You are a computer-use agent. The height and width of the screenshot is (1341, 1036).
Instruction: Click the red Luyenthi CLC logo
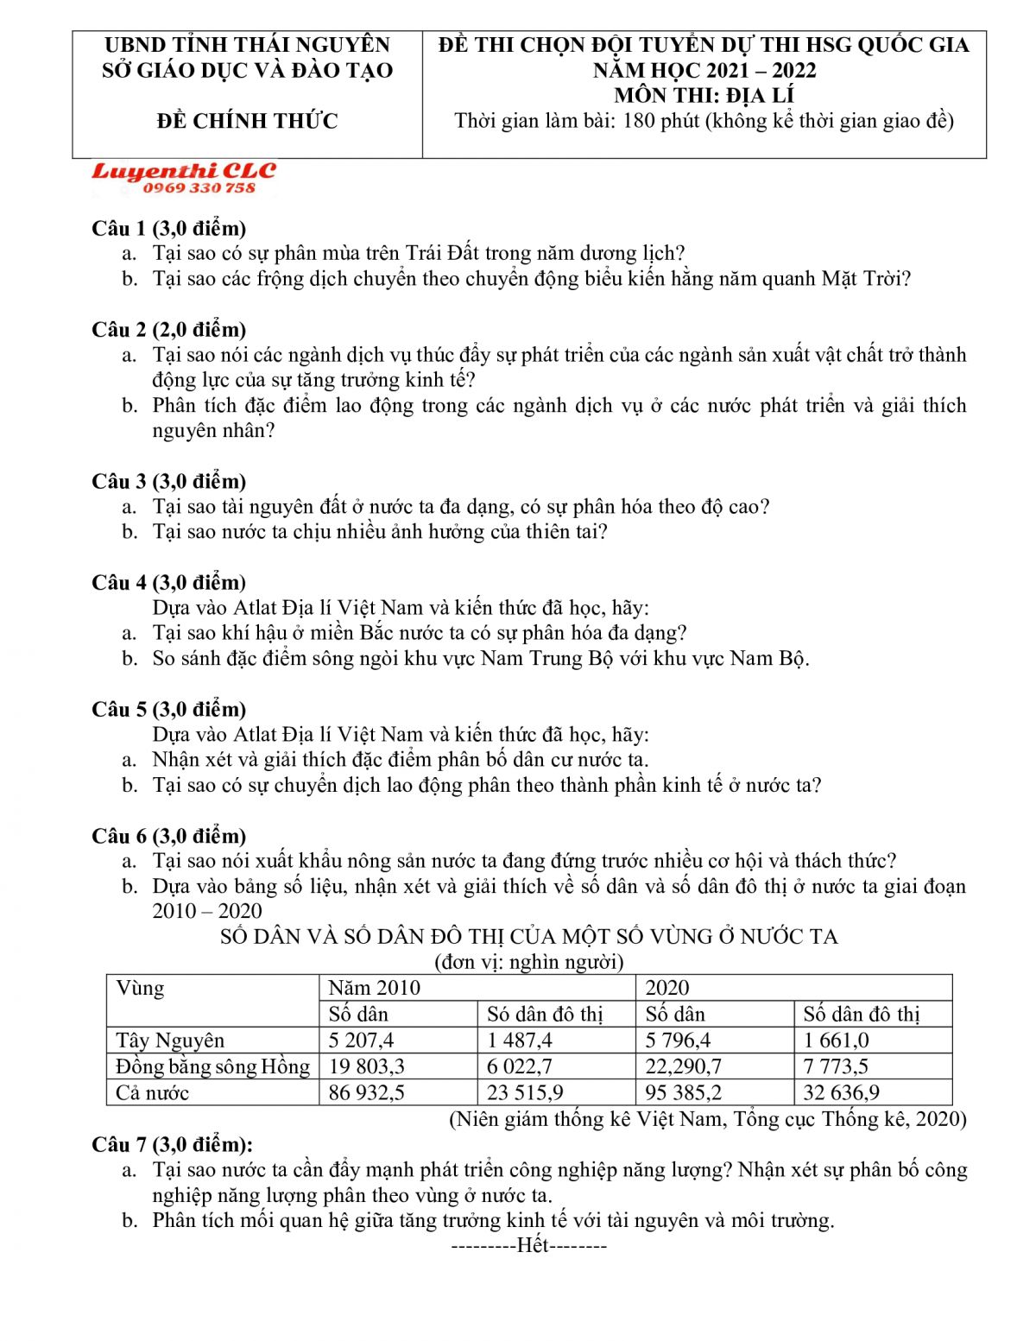point(183,171)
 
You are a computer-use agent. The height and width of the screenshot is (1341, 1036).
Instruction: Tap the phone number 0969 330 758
point(199,188)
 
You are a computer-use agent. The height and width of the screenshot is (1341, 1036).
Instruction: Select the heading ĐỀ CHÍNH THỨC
point(247,121)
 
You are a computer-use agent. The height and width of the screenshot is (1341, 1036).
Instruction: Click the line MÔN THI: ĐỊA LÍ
point(704,95)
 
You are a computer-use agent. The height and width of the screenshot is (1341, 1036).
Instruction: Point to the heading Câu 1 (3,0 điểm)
point(169,228)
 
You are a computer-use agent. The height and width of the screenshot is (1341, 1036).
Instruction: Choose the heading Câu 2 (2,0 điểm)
point(169,329)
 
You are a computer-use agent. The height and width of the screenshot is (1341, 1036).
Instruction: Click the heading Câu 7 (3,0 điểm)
point(172,1144)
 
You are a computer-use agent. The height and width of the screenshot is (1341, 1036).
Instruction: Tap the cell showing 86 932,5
point(366,1092)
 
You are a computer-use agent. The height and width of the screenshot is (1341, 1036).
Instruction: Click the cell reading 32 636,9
point(841,1092)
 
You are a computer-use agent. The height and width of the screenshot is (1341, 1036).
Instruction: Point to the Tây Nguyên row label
point(170,1041)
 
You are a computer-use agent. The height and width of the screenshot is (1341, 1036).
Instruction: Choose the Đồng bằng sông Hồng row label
point(212,1066)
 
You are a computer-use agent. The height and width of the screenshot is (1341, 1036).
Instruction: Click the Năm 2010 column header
point(374,988)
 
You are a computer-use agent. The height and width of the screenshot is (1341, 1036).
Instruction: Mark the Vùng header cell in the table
point(140,988)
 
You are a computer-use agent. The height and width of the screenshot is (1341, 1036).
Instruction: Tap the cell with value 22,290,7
point(683,1066)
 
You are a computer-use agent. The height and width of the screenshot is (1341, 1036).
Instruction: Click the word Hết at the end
point(532,1245)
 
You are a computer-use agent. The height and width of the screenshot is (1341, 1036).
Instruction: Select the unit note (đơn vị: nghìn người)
point(528,962)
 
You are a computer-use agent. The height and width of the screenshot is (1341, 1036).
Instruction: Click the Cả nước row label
point(152,1092)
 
